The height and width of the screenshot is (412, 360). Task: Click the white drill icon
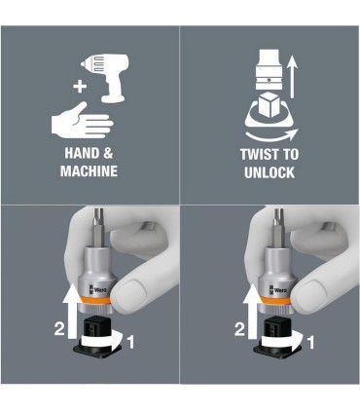click(107, 76)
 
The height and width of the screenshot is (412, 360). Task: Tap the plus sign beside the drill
click(80, 87)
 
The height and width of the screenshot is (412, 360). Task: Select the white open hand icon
click(82, 120)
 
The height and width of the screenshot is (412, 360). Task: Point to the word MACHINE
click(89, 171)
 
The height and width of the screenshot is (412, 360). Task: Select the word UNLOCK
click(270, 172)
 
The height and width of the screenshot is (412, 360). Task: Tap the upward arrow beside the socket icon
click(293, 77)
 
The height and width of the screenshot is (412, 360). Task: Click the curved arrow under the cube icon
click(271, 136)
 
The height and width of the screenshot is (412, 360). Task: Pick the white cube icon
click(270, 104)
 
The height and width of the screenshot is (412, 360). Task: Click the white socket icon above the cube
click(269, 69)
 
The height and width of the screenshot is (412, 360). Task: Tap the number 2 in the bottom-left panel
click(59, 329)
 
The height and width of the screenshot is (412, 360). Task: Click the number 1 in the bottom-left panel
click(130, 342)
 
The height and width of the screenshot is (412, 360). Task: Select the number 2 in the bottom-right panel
click(239, 329)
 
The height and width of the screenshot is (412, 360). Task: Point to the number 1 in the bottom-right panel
click(310, 343)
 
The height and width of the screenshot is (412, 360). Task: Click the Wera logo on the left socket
click(97, 289)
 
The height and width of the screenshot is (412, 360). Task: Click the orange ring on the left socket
click(95, 300)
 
